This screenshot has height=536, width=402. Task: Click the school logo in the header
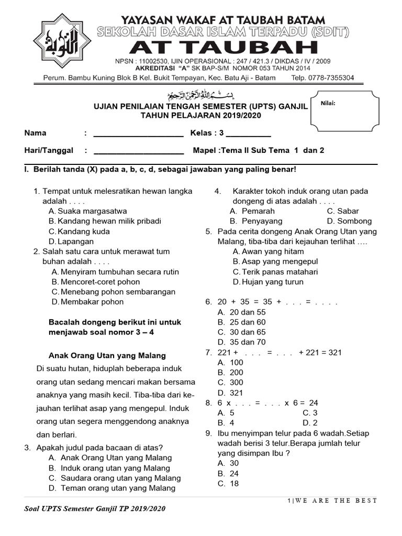[x=61, y=48]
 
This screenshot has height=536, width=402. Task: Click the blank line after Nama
[x=138, y=134]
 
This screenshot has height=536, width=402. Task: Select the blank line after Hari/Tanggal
[x=138, y=151]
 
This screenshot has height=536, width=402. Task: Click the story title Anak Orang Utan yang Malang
[x=107, y=355]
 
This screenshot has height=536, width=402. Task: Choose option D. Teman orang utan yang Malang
[x=112, y=488]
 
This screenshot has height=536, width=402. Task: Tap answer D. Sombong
[x=349, y=221]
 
